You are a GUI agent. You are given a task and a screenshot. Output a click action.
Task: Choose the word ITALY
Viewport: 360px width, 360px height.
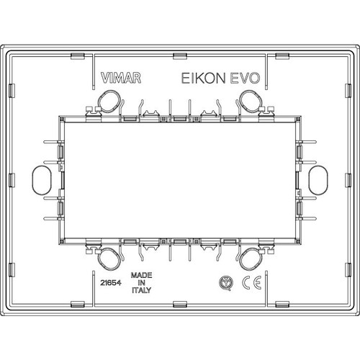[141, 293]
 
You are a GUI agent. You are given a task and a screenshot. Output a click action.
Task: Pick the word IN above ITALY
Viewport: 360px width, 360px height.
[141, 284]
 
